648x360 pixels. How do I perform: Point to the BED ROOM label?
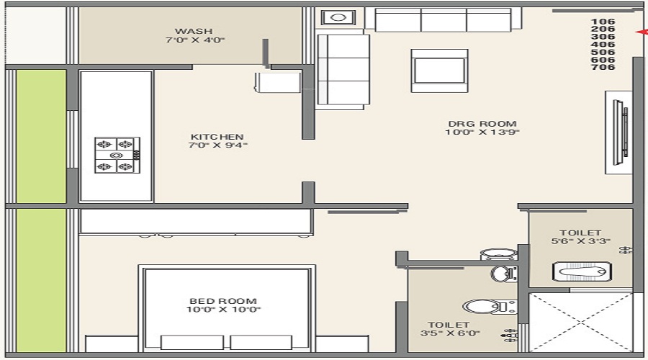[x=223, y=301]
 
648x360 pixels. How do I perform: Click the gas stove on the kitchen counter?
[x=117, y=155]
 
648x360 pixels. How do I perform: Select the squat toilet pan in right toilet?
[x=582, y=271]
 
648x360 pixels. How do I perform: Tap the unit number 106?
[x=603, y=22]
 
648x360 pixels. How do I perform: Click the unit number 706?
[x=603, y=67]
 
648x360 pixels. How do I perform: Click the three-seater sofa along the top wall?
[x=443, y=19]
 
